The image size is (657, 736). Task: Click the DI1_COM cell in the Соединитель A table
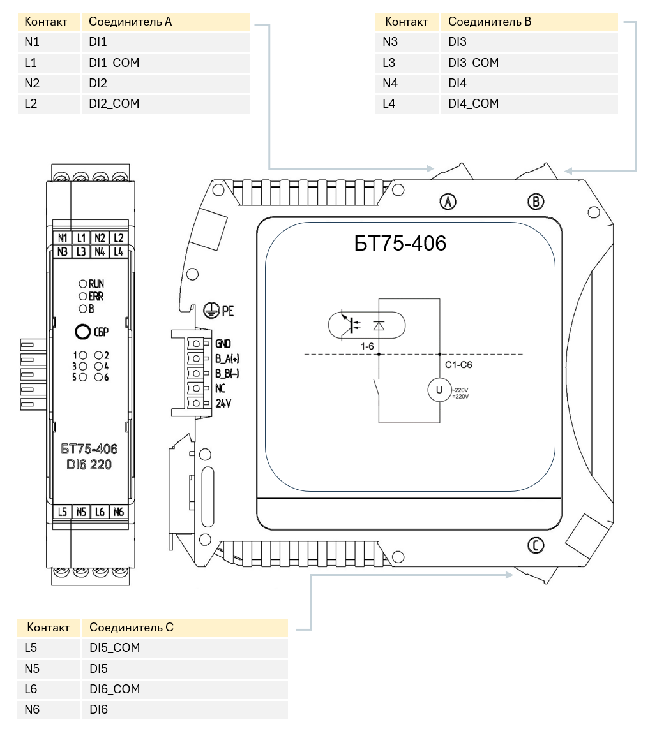[114, 63]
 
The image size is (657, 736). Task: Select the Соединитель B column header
[490, 22]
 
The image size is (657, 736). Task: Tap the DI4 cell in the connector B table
[457, 83]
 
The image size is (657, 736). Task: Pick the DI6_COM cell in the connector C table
[115, 689]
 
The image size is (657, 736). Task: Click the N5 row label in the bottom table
[32, 668]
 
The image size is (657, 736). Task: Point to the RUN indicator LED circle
[83, 284]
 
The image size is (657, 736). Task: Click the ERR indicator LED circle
[83, 296]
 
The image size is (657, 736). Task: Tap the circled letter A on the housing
[448, 202]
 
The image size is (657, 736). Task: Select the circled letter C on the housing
[536, 545]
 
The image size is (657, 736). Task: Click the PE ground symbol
[211, 310]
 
